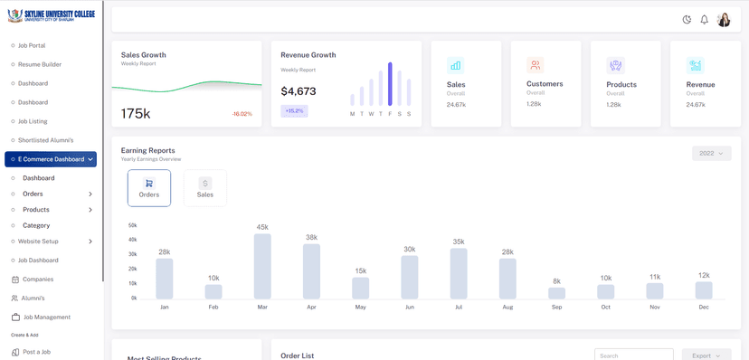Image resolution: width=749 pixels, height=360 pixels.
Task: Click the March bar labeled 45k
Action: (x=262, y=266)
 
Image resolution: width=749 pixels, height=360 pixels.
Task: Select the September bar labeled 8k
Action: (x=556, y=293)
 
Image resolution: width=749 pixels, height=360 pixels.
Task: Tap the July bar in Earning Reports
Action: (x=459, y=273)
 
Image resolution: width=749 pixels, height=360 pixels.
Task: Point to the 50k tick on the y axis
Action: (x=132, y=225)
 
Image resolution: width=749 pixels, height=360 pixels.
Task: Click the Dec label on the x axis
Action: (x=703, y=307)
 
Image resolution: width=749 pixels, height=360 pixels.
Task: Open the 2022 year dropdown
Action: (x=711, y=154)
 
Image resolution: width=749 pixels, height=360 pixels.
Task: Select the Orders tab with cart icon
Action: (x=149, y=188)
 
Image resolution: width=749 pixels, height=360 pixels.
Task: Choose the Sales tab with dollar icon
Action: (x=205, y=188)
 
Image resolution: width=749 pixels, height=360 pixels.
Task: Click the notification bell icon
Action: (x=705, y=20)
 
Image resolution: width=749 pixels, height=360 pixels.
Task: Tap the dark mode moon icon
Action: (x=687, y=20)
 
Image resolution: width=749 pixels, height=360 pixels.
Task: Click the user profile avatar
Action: (x=724, y=20)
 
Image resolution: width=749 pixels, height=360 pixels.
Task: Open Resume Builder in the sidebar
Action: (x=40, y=64)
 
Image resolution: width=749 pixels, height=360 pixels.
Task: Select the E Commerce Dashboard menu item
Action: (x=51, y=159)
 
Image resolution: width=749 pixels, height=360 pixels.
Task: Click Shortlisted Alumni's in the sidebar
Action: (x=45, y=140)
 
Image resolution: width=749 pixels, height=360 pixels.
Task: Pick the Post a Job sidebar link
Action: (x=36, y=352)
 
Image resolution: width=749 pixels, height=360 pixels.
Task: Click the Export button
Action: (x=706, y=355)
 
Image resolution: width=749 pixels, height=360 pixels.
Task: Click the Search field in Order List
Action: (x=633, y=355)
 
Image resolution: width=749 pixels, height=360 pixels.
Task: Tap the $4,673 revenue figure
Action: (x=299, y=91)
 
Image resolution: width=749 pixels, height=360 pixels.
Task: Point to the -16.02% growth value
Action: (x=242, y=114)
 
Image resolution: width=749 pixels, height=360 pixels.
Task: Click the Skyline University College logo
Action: (x=51, y=16)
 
